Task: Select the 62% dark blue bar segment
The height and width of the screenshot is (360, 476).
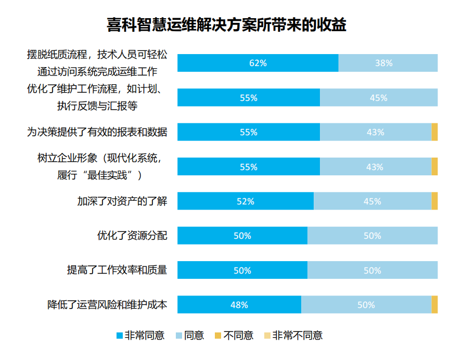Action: (258, 63)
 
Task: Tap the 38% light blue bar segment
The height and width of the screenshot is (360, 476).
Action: (388, 63)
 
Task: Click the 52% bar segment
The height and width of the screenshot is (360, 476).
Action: (245, 201)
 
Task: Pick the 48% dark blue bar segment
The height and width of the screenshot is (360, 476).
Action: (239, 305)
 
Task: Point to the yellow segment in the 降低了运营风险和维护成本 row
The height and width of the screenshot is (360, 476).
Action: (434, 305)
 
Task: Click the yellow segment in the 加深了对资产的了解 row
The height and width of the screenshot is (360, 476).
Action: (434, 201)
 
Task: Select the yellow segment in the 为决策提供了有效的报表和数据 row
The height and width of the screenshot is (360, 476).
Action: (434, 132)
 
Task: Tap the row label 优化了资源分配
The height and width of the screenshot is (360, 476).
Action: (132, 236)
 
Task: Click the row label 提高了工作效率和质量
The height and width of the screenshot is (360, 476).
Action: (117, 271)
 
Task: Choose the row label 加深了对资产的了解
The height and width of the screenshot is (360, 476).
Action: (122, 201)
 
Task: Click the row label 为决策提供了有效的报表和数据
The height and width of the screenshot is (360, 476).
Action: (97, 132)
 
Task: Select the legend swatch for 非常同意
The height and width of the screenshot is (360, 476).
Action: (119, 336)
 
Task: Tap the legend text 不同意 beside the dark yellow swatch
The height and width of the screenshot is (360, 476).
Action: (238, 336)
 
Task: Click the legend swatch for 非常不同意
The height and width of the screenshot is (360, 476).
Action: (267, 336)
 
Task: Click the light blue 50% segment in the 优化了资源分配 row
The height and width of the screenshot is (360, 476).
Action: (372, 236)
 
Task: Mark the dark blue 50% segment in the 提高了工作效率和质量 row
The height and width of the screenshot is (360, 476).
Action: (242, 271)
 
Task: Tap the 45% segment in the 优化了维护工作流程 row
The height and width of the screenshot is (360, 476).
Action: (378, 98)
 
